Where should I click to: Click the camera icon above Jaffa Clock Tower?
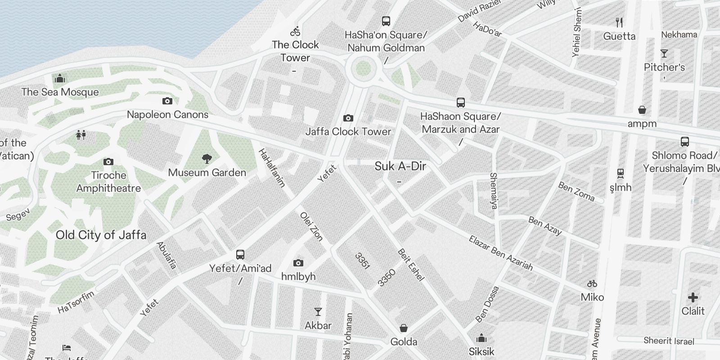coord(348,118)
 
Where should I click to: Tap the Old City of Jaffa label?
coord(101,235)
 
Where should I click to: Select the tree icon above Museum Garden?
coord(207,158)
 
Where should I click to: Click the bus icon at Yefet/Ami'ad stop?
coord(240,255)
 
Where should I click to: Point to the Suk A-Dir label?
coord(400,166)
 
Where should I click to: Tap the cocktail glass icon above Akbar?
coord(318,311)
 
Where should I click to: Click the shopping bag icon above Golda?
coord(404,328)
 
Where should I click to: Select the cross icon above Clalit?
coord(693,297)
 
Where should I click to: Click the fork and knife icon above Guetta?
coord(619,22)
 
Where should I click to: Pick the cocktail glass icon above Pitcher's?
coord(664,54)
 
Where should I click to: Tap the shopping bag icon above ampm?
coord(642,110)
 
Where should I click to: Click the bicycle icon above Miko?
coord(592,283)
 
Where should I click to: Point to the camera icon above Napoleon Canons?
coord(167,101)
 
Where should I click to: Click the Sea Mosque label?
coord(60,92)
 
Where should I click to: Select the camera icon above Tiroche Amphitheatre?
coord(108,162)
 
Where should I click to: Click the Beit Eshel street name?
coord(411,265)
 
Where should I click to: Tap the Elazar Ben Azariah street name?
coord(500,253)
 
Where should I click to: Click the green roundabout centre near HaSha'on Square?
coord(363,69)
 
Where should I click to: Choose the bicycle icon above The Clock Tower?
coord(296,31)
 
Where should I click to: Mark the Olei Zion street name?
coord(311,226)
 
